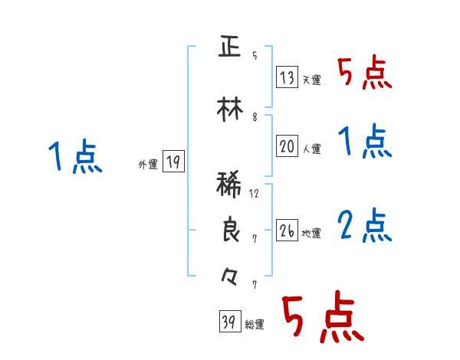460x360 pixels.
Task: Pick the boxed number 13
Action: pos(287,77)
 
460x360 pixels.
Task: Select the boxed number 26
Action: pos(287,231)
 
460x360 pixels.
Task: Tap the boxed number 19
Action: pos(173,162)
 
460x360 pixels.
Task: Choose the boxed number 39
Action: pos(228,322)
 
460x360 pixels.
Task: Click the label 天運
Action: pos(311,80)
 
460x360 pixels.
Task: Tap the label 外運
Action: pos(147,164)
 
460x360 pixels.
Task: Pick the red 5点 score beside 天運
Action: pos(365,72)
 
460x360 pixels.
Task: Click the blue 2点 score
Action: pos(365,226)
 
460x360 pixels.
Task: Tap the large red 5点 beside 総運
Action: pos(321,319)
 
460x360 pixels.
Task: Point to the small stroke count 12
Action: pos(255,193)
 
